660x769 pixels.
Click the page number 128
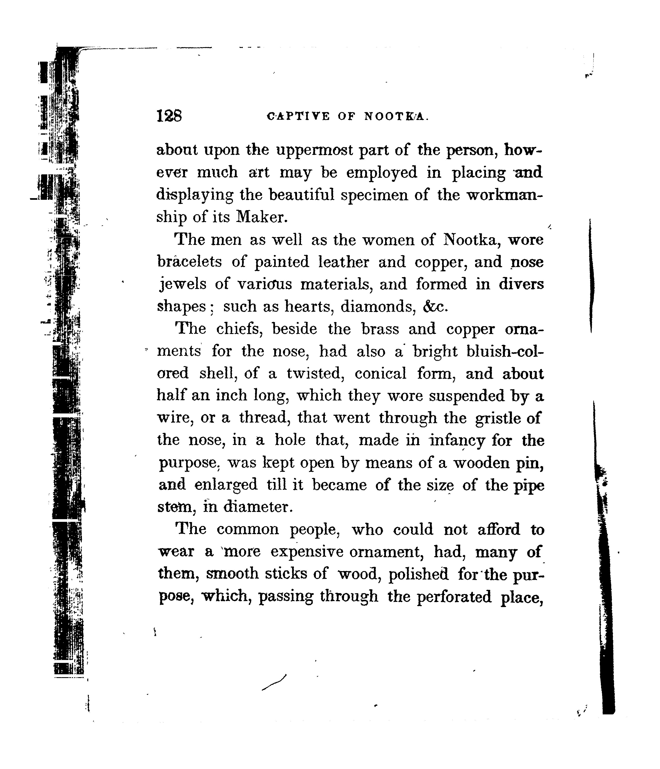tap(169, 116)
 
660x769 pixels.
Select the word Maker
tap(262, 217)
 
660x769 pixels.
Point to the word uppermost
tap(316, 150)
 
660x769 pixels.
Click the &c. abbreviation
tap(435, 307)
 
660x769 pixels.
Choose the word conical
tap(381, 373)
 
